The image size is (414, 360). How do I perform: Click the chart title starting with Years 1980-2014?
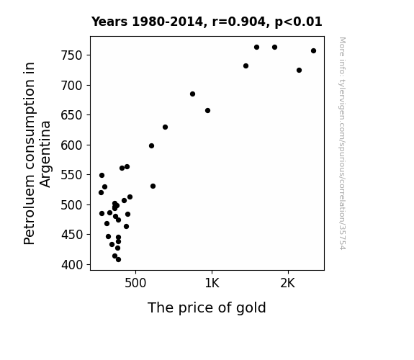pyautogui.click(x=207, y=22)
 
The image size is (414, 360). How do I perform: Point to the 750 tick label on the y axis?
pyautogui.click(x=72, y=55)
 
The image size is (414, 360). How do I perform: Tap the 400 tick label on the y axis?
pyautogui.click(x=72, y=265)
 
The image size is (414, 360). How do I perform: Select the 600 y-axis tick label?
pyautogui.click(x=72, y=145)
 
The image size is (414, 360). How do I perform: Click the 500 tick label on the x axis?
pyautogui.click(x=135, y=283)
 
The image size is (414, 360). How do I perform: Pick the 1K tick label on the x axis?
pyautogui.click(x=212, y=283)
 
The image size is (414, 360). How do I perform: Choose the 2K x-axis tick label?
pyautogui.click(x=288, y=283)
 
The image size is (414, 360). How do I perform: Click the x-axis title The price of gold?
pyautogui.click(x=207, y=307)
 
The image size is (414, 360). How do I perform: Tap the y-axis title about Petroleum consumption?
pyautogui.click(x=37, y=153)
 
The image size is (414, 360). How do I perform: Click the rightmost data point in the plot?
pyautogui.click(x=313, y=50)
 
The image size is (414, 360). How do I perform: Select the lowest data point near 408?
pyautogui.click(x=118, y=260)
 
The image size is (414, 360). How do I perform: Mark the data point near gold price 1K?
pyautogui.click(x=208, y=110)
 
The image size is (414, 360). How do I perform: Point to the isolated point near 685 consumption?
pyautogui.click(x=192, y=94)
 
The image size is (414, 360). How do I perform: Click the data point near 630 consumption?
pyautogui.click(x=166, y=127)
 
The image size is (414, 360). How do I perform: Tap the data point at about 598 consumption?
pyautogui.click(x=151, y=145)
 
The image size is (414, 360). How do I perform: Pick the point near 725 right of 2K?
pyautogui.click(x=299, y=71)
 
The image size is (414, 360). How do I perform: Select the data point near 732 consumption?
pyautogui.click(x=246, y=66)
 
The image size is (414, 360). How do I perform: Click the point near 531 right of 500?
pyautogui.click(x=153, y=186)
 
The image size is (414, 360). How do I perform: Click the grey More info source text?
pyautogui.click(x=342, y=143)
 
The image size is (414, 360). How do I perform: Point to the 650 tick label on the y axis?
pyautogui.click(x=72, y=115)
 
